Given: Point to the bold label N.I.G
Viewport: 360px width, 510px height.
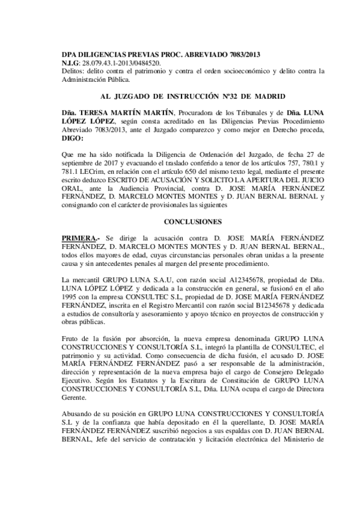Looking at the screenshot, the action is [71, 63].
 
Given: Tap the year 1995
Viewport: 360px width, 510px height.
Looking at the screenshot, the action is [72, 297].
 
